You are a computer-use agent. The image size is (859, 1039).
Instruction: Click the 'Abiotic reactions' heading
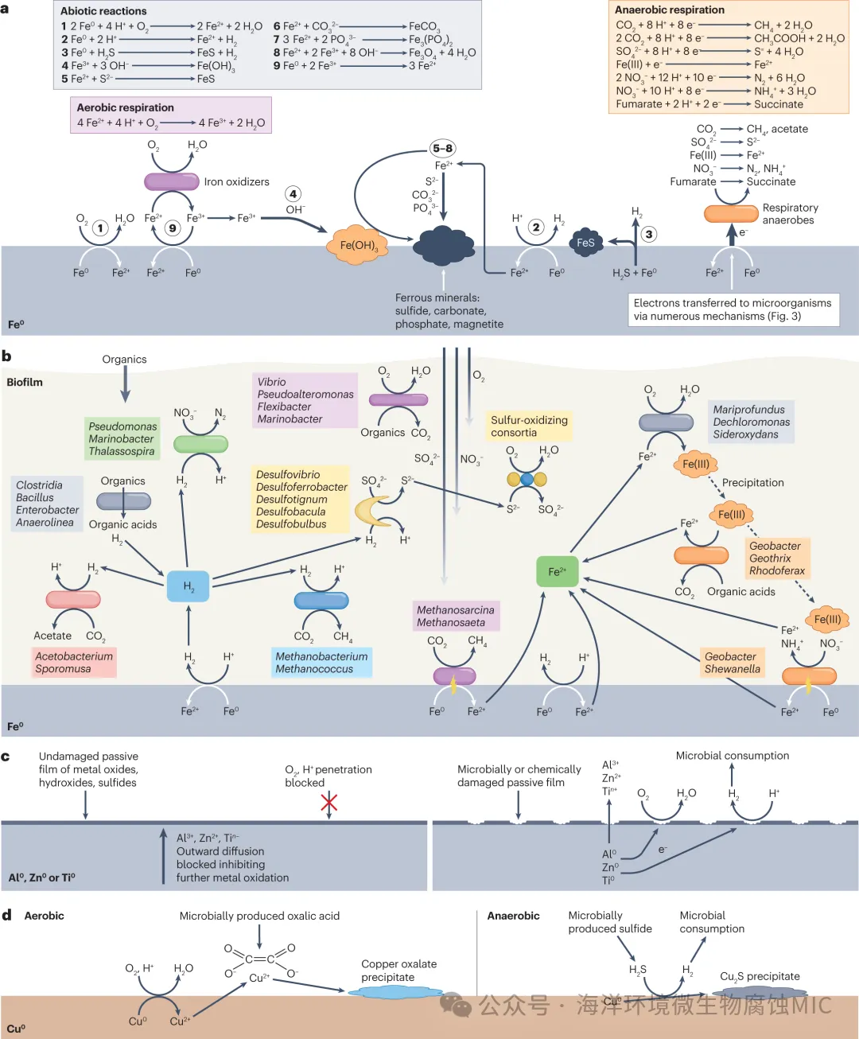click(x=103, y=11)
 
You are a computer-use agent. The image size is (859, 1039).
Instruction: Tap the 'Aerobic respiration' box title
click(x=125, y=107)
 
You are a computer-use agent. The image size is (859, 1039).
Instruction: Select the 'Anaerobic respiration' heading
click(x=670, y=10)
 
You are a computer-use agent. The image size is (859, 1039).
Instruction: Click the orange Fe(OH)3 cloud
click(x=358, y=245)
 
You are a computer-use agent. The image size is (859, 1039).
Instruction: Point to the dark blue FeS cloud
click(x=585, y=243)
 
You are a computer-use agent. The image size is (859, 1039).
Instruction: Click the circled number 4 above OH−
click(x=293, y=194)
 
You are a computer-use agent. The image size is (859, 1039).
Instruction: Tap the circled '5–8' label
click(x=443, y=148)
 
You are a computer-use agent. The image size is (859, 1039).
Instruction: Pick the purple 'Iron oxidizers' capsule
click(x=171, y=182)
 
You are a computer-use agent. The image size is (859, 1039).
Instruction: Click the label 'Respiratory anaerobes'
click(x=789, y=213)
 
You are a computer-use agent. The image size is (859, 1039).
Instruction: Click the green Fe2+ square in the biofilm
click(x=558, y=571)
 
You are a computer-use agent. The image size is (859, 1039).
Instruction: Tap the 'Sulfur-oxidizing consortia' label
click(x=529, y=426)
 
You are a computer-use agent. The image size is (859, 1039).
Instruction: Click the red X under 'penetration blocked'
click(x=328, y=802)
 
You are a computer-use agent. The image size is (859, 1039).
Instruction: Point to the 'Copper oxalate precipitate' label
click(x=398, y=971)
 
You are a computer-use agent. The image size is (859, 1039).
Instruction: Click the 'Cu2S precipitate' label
click(x=760, y=976)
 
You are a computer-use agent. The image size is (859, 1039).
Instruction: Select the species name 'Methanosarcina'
click(x=455, y=610)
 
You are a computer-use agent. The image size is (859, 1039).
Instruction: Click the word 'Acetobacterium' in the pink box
click(x=74, y=656)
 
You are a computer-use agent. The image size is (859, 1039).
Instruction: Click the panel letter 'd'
click(x=6, y=915)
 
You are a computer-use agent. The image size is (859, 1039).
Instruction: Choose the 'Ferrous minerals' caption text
click(x=449, y=310)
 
